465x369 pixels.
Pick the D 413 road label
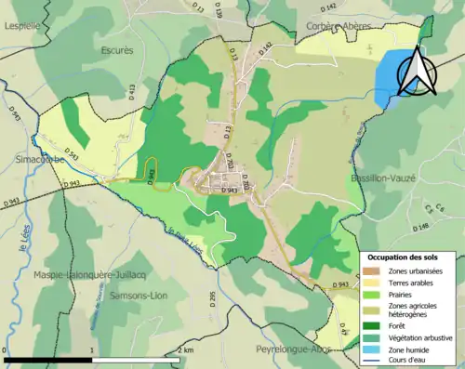point(130,91)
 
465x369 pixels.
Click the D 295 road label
point(212,298)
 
